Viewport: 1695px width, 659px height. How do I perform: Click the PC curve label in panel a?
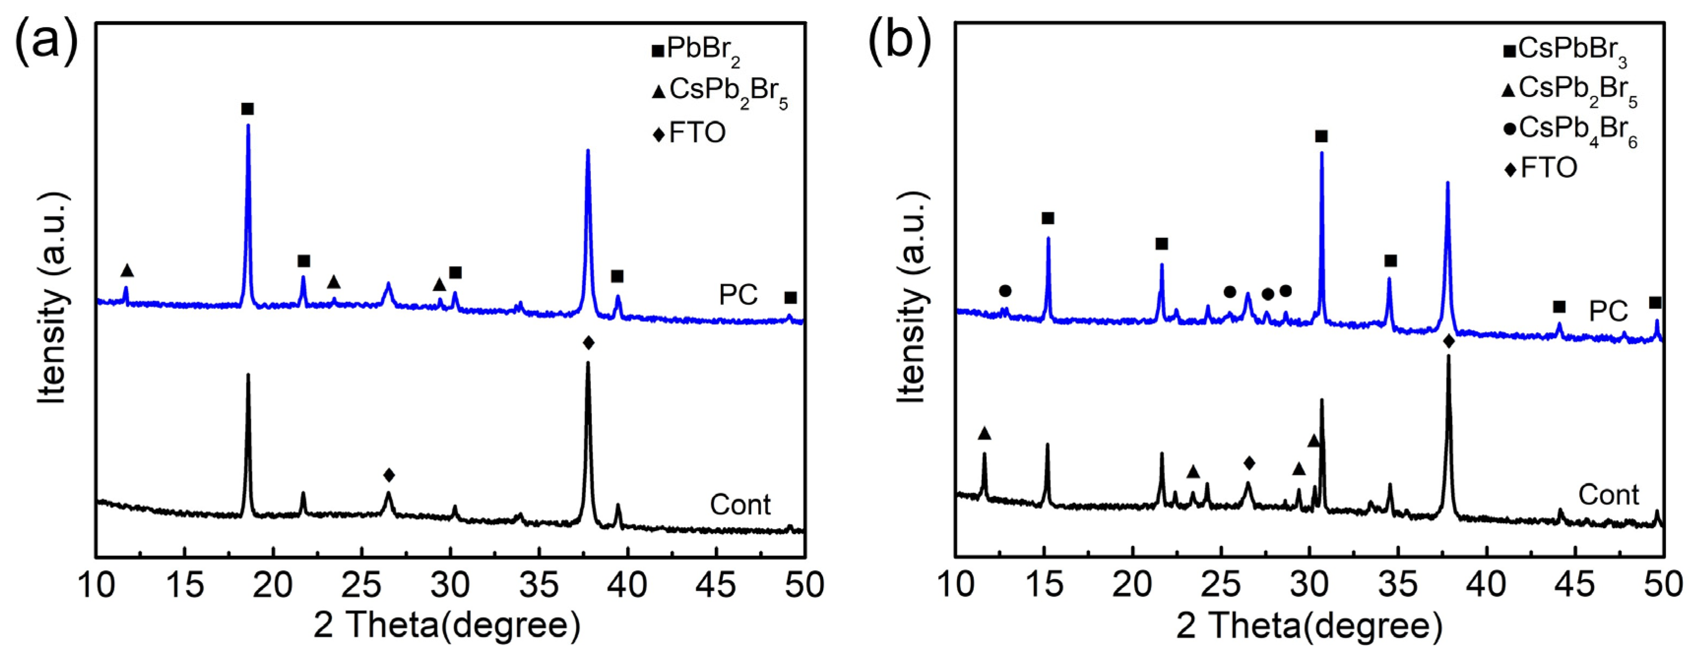point(739,295)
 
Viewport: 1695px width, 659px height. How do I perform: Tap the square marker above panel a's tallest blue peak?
point(247,109)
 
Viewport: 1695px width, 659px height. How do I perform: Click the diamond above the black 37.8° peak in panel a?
point(588,343)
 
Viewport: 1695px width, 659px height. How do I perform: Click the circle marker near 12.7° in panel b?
point(1005,290)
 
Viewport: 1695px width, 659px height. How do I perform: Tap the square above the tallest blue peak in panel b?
point(1321,136)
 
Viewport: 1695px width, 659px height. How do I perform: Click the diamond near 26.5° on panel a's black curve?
point(389,474)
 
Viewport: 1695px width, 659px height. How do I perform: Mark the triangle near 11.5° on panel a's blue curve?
point(127,271)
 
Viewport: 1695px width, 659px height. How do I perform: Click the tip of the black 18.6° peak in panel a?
point(248,375)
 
